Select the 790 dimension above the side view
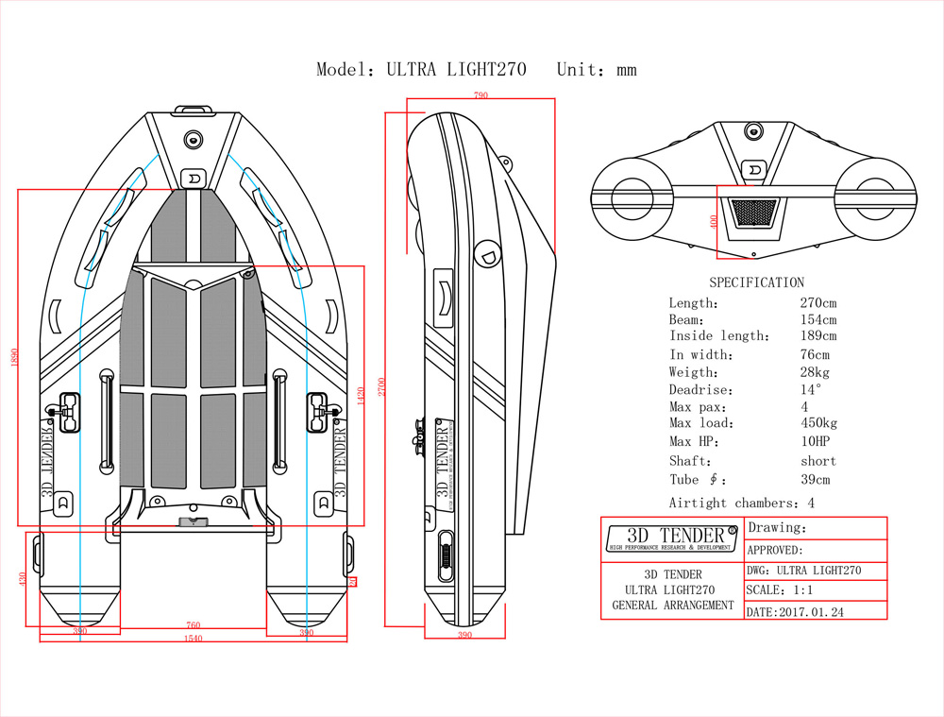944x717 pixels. tap(480, 95)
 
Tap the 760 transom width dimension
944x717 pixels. tap(193, 624)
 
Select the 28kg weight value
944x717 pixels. tap(815, 372)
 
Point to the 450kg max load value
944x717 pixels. tap(818, 423)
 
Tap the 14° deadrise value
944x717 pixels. tap(811, 389)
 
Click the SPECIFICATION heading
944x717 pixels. tap(756, 282)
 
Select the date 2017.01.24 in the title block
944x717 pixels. tap(798, 611)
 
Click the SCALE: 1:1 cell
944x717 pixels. tap(780, 589)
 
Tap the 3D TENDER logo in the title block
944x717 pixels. tap(671, 538)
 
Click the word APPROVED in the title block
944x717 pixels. tap(774, 550)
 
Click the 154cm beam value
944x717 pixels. tap(818, 320)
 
